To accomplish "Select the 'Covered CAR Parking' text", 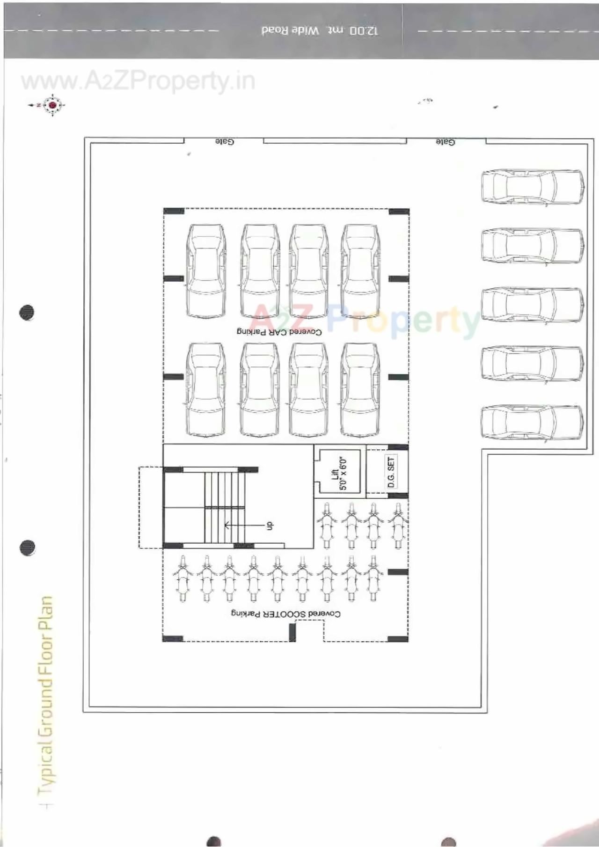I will (x=279, y=332).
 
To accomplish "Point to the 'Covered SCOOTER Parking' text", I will (x=285, y=613).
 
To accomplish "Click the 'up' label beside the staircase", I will (x=270, y=526).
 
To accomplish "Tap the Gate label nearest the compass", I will (x=225, y=141).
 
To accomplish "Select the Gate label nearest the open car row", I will (x=445, y=141).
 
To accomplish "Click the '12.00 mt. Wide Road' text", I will (x=320, y=31).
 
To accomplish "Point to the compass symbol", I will (x=52, y=105).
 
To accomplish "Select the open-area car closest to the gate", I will (x=533, y=188).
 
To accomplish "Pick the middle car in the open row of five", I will (x=533, y=305).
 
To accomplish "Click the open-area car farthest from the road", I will (x=533, y=422).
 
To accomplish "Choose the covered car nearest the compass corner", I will (x=206, y=271).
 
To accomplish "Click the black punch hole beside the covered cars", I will (x=27, y=312).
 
